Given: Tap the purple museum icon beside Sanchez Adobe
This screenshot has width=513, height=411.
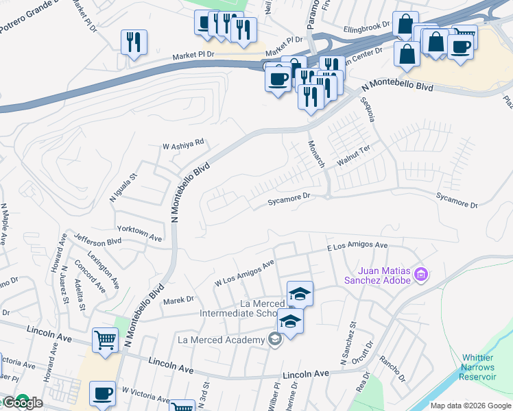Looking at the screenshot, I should (x=422, y=275).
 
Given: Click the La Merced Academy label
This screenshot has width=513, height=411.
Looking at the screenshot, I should (x=221, y=340).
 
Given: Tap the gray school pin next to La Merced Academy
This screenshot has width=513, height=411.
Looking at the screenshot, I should (x=274, y=339).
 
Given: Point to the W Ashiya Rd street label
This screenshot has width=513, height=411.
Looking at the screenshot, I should (x=183, y=144).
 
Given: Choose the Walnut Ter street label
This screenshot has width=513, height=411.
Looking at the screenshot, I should (x=353, y=158).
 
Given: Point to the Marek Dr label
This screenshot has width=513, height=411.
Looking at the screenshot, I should (x=178, y=299).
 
